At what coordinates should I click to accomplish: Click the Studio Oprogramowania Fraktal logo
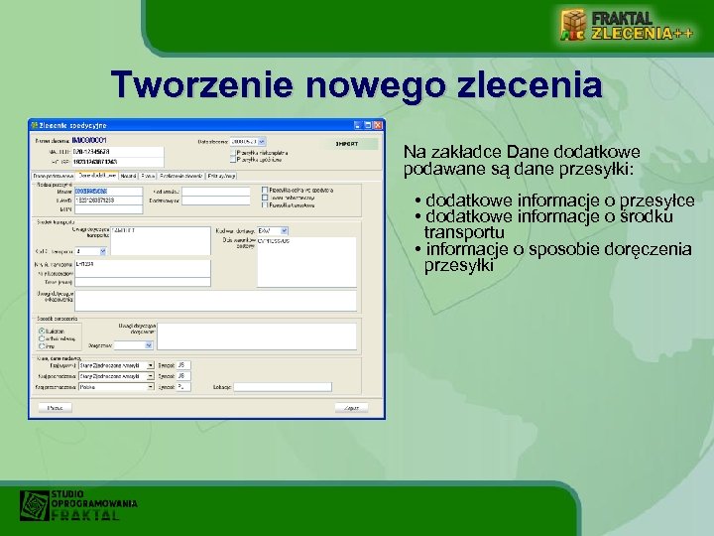(78, 505)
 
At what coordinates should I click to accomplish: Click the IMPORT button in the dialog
(347, 144)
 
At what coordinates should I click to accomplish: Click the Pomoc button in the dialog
(56, 407)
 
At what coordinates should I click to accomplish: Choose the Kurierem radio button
(42, 331)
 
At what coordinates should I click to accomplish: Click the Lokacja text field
(268, 386)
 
